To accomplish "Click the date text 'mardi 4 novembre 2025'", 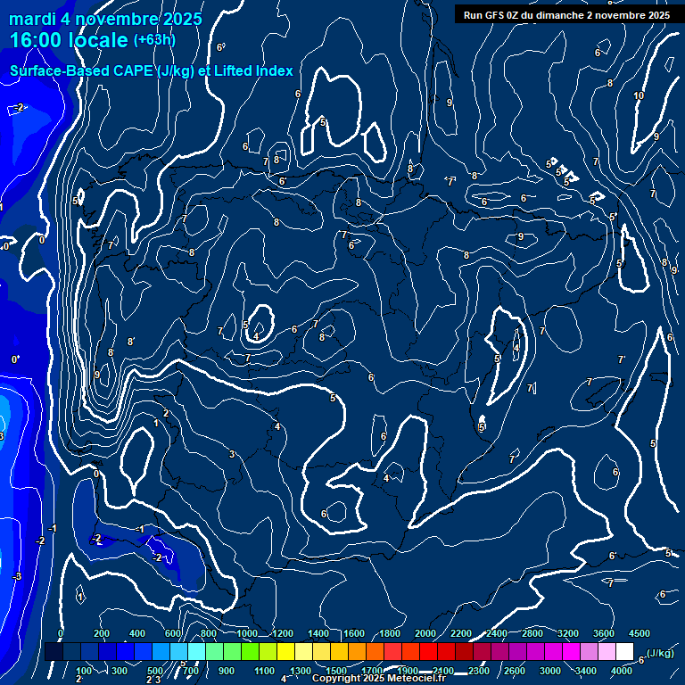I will click(x=105, y=19).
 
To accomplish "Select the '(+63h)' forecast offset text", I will click(x=154, y=39).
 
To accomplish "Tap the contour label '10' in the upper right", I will click(x=639, y=95).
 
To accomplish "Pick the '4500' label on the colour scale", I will click(x=639, y=633).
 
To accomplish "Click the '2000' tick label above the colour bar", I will click(x=425, y=633).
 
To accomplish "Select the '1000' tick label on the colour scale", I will click(x=246, y=633).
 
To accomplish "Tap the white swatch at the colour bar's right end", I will click(x=624, y=652).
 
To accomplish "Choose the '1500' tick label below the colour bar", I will click(x=335, y=671).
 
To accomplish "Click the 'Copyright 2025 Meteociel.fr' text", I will click(x=378, y=679).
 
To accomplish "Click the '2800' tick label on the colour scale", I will click(x=532, y=633).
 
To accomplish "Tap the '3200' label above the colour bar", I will click(x=567, y=633).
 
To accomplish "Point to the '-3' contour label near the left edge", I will click(x=16, y=577).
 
